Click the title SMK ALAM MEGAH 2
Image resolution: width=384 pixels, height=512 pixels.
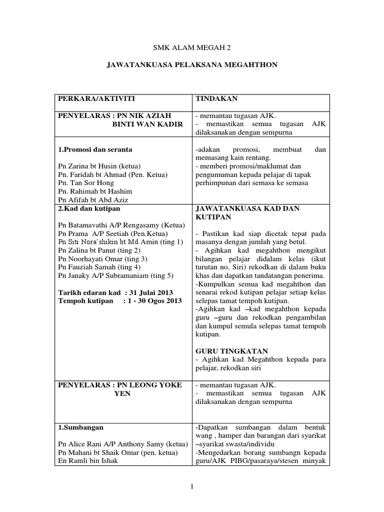192,48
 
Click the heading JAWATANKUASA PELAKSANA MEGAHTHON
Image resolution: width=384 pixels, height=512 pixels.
192,65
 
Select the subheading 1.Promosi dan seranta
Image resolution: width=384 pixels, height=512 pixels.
95,149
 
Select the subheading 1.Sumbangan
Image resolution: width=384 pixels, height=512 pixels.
79,427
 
